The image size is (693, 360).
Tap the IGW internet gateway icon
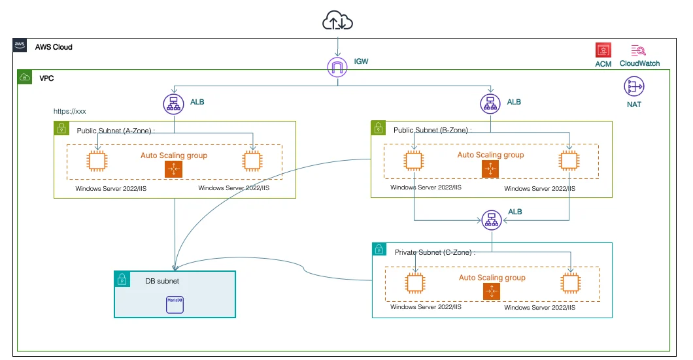(337, 66)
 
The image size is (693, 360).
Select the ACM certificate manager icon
(603, 51)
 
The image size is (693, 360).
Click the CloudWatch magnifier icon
(639, 51)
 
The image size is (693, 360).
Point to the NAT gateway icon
(634, 86)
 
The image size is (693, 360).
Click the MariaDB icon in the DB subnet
(175, 304)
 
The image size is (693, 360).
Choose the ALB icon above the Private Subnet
(491, 221)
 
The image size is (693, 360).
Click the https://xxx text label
(70, 111)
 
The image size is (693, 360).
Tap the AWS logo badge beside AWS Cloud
(20, 46)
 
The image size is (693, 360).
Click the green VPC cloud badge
(24, 77)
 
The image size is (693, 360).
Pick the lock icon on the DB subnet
(122, 280)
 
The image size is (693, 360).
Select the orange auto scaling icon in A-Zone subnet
(173, 169)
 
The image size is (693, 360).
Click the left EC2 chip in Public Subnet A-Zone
(98, 161)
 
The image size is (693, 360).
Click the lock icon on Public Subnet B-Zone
(378, 128)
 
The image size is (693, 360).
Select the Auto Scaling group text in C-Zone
(492, 278)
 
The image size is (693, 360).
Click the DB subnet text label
(162, 281)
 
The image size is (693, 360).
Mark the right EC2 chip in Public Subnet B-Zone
(569, 161)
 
